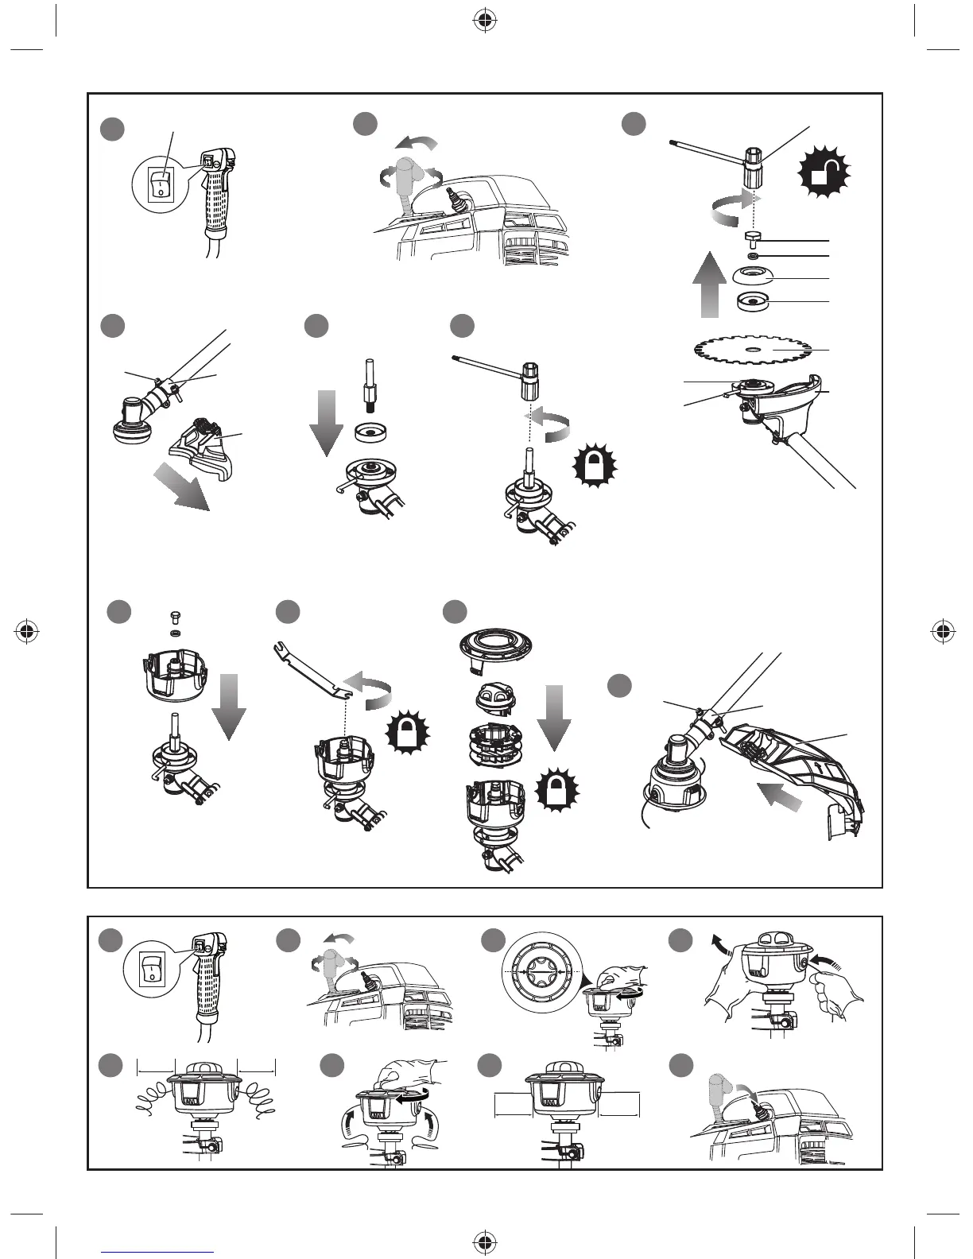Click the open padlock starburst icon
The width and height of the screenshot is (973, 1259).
pos(822,173)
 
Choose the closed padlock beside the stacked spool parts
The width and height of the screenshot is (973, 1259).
pos(556,791)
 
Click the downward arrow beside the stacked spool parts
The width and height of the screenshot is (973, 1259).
pos(555,713)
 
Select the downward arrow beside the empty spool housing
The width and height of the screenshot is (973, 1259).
pos(229,703)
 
